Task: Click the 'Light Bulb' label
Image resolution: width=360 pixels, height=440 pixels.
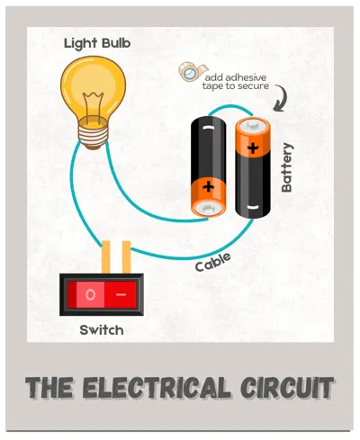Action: point(97,43)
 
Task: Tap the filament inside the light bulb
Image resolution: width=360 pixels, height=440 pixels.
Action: point(93,106)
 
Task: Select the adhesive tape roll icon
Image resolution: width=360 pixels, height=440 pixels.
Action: point(192,71)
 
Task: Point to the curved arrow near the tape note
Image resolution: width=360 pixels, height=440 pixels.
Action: point(283,96)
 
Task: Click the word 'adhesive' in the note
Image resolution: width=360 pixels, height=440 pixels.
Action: point(246,77)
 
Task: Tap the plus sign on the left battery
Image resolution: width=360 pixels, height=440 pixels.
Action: point(208,187)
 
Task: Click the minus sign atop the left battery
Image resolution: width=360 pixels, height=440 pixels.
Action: point(208,128)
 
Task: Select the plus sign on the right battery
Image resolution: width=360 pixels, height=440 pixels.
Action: point(253,148)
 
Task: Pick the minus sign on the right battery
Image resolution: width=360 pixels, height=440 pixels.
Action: point(252,207)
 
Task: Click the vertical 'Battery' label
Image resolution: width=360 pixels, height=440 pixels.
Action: point(287,167)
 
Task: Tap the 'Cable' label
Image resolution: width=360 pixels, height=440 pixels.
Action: point(213,262)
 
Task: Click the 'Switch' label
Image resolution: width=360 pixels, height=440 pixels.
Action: point(102,330)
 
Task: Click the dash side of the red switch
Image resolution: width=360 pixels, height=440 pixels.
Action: point(121,295)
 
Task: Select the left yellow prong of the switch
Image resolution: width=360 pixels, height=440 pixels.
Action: point(106,257)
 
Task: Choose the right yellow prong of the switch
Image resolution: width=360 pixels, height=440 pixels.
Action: point(127,257)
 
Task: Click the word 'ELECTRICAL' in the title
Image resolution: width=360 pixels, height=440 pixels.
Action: point(157,387)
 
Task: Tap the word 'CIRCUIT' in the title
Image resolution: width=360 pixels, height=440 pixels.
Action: point(287,387)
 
